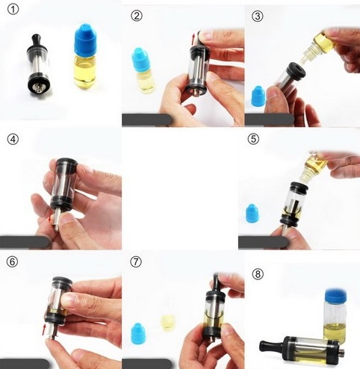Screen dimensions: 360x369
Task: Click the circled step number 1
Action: (13, 10)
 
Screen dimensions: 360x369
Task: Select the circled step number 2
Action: (137, 16)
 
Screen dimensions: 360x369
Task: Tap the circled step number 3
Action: (258, 16)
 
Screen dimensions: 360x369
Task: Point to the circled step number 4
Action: (13, 139)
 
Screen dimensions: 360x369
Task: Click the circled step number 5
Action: (253, 139)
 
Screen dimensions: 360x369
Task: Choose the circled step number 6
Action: (13, 261)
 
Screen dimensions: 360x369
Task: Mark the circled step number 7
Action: (136, 261)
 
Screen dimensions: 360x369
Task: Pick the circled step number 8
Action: (258, 274)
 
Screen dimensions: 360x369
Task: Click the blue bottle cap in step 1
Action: (85, 40)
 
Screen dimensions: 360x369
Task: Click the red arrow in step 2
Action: (193, 40)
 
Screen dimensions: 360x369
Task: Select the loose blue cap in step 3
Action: (258, 96)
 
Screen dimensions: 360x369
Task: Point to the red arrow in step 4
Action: (51, 218)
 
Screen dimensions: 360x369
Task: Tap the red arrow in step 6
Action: (44, 329)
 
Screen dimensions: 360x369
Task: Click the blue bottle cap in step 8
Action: (335, 295)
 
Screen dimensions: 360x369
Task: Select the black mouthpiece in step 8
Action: (272, 346)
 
